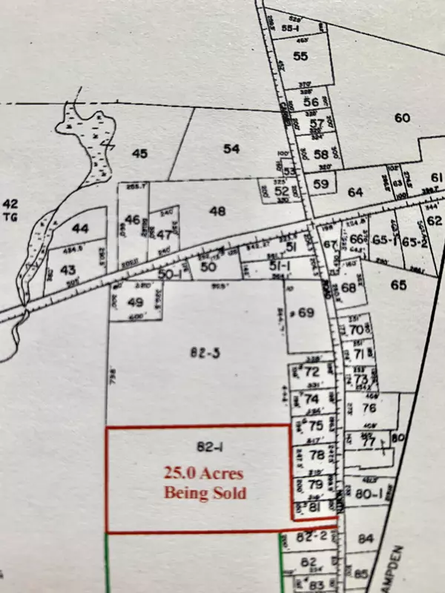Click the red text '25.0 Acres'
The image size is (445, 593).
[205, 473]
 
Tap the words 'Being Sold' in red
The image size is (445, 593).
[205, 491]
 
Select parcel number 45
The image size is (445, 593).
[140, 153]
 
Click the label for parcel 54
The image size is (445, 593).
[231, 149]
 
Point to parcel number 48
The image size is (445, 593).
[217, 211]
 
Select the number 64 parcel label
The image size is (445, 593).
[355, 192]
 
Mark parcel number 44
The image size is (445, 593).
[80, 229]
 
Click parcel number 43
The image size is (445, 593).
[68, 269]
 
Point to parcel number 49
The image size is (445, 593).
[134, 302]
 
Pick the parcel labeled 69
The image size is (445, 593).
[307, 313]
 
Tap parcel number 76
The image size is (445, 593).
[369, 407]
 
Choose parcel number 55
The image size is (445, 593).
[300, 56]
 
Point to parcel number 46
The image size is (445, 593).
[133, 219]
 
